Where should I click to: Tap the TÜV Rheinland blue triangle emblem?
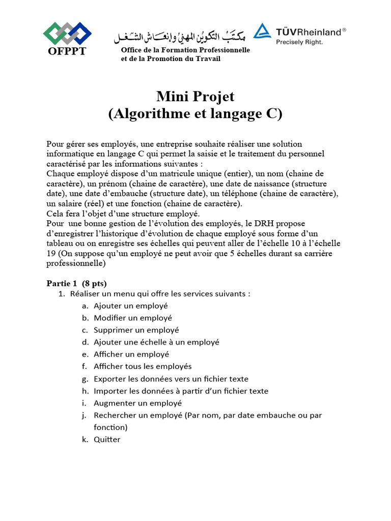[x=263, y=32]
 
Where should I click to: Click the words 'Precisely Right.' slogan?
[x=299, y=42]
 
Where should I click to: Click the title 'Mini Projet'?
[x=195, y=96]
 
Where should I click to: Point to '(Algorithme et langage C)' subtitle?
[x=195, y=114]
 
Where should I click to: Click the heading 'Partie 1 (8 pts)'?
[x=77, y=283]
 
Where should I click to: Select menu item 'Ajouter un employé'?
[x=130, y=306]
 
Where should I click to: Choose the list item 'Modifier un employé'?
[x=132, y=318]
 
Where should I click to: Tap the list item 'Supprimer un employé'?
[x=136, y=330]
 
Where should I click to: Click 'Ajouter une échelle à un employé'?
[x=156, y=342]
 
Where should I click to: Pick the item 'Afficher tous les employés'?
[x=143, y=366]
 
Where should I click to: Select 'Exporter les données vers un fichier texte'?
[x=171, y=379]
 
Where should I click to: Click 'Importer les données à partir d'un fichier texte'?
[x=181, y=391]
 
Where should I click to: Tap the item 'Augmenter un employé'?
[x=137, y=403]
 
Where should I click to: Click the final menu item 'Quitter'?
[x=107, y=439]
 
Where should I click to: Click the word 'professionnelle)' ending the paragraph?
[x=76, y=264]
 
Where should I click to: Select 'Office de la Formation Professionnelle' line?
[x=185, y=50]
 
